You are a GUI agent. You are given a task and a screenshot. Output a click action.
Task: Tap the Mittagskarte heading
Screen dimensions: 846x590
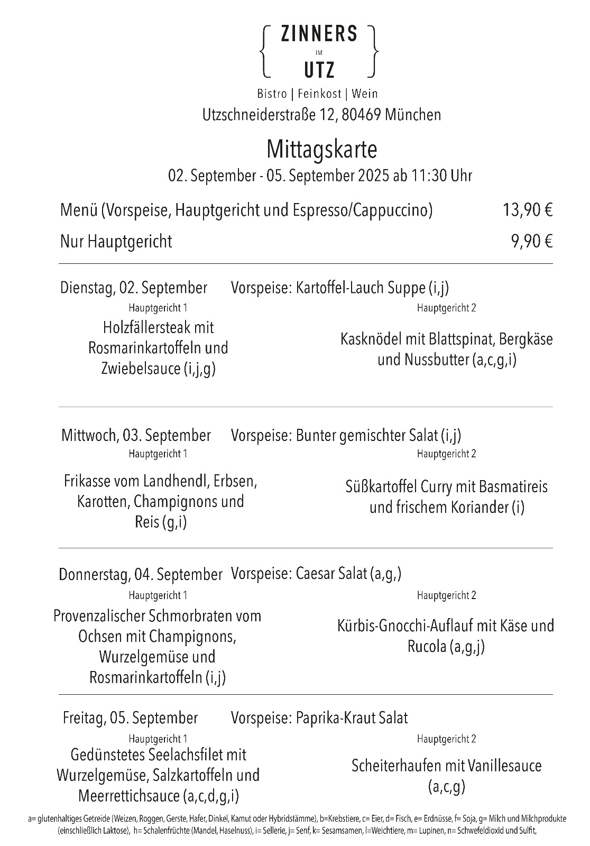pos(321,149)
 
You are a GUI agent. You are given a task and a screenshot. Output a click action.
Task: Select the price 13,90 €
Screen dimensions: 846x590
pos(527,210)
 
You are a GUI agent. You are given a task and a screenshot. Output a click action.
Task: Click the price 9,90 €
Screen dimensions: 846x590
pos(531,242)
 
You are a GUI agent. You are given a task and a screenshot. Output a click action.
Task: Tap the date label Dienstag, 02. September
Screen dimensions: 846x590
pos(134,288)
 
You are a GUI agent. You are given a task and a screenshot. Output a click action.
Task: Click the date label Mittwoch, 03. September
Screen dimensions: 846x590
pos(136,435)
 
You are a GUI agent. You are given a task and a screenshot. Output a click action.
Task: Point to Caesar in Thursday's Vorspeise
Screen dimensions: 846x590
pos(316,574)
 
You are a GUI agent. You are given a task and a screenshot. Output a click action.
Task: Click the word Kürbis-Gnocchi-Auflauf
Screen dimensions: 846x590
pos(406,626)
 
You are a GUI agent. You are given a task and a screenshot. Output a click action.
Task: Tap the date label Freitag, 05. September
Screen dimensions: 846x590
pos(130,718)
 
